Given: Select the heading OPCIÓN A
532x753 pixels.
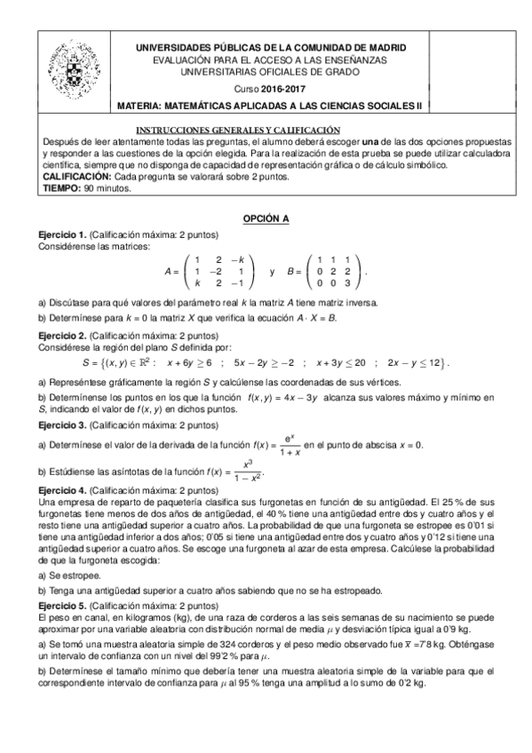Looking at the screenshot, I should [x=266, y=218].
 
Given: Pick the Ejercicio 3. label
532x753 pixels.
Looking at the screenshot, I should [x=62, y=425].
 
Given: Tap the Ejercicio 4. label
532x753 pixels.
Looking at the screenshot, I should [x=62, y=490].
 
